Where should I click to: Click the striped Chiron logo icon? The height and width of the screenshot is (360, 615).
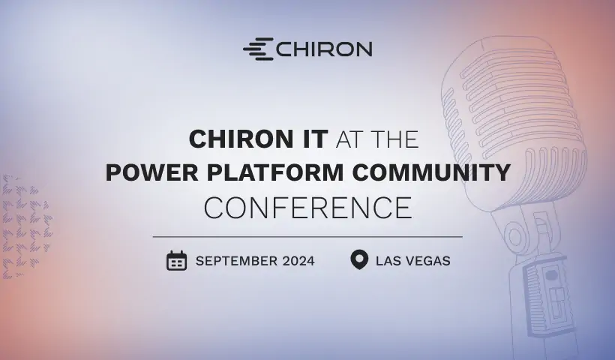(x=258, y=49)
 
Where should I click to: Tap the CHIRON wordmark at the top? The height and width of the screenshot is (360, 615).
(x=324, y=49)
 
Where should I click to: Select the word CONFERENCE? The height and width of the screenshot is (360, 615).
(x=307, y=208)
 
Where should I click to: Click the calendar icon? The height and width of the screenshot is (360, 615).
(x=176, y=261)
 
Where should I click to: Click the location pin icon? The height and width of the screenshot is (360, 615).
(x=359, y=260)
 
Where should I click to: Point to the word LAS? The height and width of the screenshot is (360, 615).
(x=388, y=261)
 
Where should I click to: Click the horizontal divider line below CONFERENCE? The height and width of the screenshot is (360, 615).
(x=307, y=236)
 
